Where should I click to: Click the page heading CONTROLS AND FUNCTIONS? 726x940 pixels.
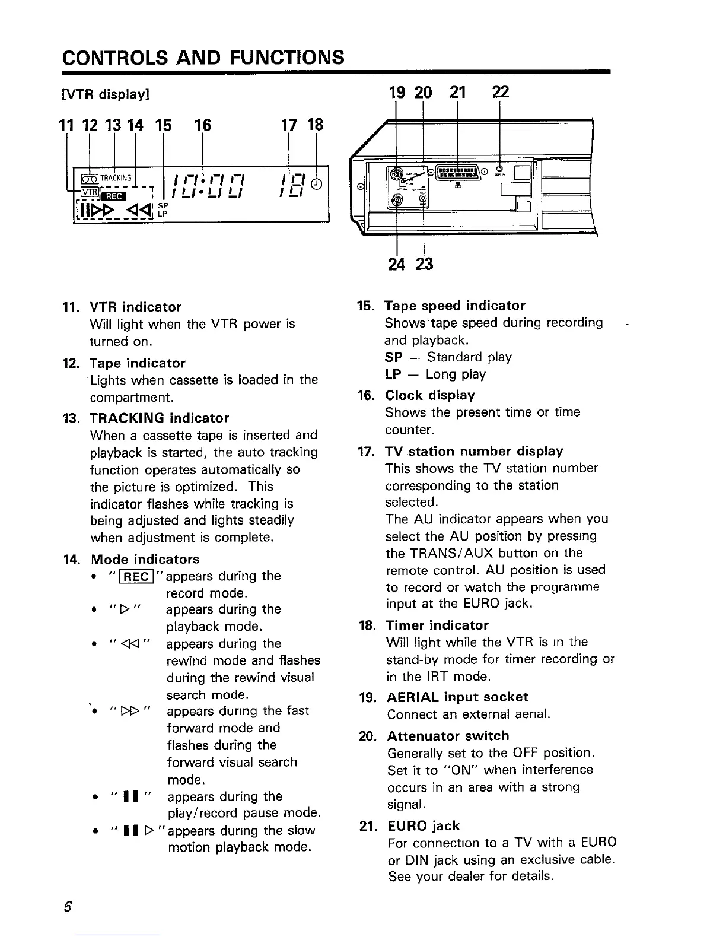pyautogui.click(x=203, y=58)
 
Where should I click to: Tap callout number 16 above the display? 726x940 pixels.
pyautogui.click(x=203, y=125)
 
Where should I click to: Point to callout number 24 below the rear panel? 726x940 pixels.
pyautogui.click(x=396, y=263)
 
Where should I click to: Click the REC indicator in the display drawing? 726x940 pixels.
pyautogui.click(x=113, y=196)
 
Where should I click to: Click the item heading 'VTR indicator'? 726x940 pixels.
pyautogui.click(x=135, y=307)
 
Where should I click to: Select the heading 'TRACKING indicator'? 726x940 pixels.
pyautogui.click(x=159, y=418)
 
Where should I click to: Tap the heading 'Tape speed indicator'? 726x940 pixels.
pyautogui.click(x=455, y=306)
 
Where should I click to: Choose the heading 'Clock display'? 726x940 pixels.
pyautogui.click(x=430, y=395)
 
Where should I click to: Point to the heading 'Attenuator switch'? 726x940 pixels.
pyautogui.click(x=448, y=736)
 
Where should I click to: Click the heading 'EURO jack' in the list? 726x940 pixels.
pyautogui.click(x=423, y=825)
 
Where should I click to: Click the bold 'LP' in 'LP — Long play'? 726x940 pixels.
pyautogui.click(x=393, y=374)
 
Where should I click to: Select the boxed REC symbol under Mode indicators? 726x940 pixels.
pyautogui.click(x=137, y=576)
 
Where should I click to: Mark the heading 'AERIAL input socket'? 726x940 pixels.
pyautogui.click(x=457, y=697)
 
